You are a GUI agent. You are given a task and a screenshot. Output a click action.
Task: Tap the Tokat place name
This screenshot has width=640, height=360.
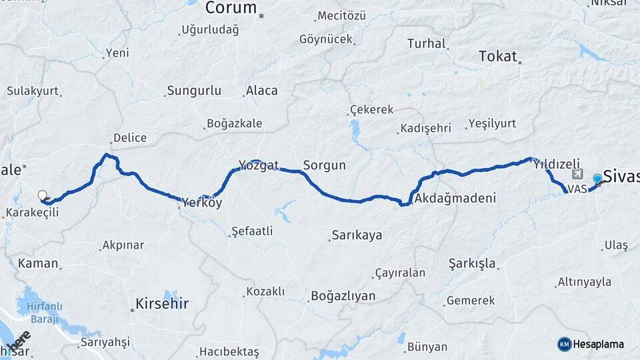(x=498, y=57)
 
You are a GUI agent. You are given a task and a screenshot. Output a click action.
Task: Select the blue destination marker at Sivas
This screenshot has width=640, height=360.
(x=597, y=179)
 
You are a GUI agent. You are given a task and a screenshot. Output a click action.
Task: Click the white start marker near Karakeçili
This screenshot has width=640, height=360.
(x=43, y=195)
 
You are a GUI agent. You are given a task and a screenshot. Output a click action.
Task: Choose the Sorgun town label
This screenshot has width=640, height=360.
(x=324, y=165)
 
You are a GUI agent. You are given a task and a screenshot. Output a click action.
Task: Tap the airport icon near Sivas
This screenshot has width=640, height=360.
(x=577, y=175)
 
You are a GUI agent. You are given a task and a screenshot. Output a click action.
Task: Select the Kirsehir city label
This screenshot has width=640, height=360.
(x=162, y=304)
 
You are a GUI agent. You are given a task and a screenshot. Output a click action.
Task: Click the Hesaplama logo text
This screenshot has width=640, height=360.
(x=599, y=344)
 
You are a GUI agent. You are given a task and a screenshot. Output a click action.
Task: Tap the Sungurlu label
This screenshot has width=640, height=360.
(x=194, y=91)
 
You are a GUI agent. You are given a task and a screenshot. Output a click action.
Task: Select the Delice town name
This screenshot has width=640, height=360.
(x=129, y=138)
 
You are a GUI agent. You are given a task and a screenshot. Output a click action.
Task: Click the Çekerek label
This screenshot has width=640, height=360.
(x=371, y=110)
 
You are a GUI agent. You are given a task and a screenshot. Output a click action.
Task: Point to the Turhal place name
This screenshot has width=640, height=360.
(x=426, y=44)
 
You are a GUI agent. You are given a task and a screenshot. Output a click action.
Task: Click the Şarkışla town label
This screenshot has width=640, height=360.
(x=472, y=263)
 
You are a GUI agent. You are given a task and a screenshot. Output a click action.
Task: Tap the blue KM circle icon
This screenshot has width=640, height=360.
(x=565, y=344)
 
